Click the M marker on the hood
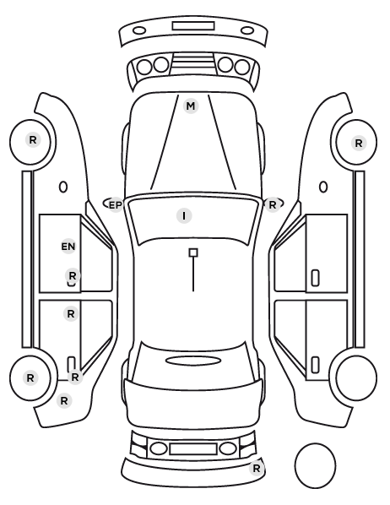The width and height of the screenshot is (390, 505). (x=191, y=106)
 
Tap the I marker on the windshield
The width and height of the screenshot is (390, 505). (x=184, y=216)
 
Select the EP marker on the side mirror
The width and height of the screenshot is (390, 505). (x=116, y=205)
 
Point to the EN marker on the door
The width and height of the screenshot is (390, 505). (x=68, y=247)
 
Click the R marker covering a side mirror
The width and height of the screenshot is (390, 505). (x=272, y=205)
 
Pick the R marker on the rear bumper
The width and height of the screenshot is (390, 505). (x=257, y=469)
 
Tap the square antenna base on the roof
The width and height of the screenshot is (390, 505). (x=193, y=252)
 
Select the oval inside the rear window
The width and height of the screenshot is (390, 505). (x=193, y=361)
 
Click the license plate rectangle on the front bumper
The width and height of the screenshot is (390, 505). (x=193, y=26)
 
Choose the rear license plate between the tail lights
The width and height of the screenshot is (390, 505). (x=193, y=448)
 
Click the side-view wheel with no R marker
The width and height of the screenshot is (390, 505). (x=356, y=377)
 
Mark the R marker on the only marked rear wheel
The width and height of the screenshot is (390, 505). (x=30, y=377)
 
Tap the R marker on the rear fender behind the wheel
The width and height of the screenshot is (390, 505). (x=64, y=401)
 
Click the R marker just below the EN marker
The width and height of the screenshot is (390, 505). (x=73, y=276)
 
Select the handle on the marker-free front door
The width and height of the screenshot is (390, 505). (x=315, y=278)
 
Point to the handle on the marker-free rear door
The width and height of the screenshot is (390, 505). (x=315, y=365)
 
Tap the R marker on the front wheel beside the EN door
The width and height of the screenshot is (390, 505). (x=33, y=140)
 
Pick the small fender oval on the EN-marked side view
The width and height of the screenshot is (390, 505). (x=63, y=187)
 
